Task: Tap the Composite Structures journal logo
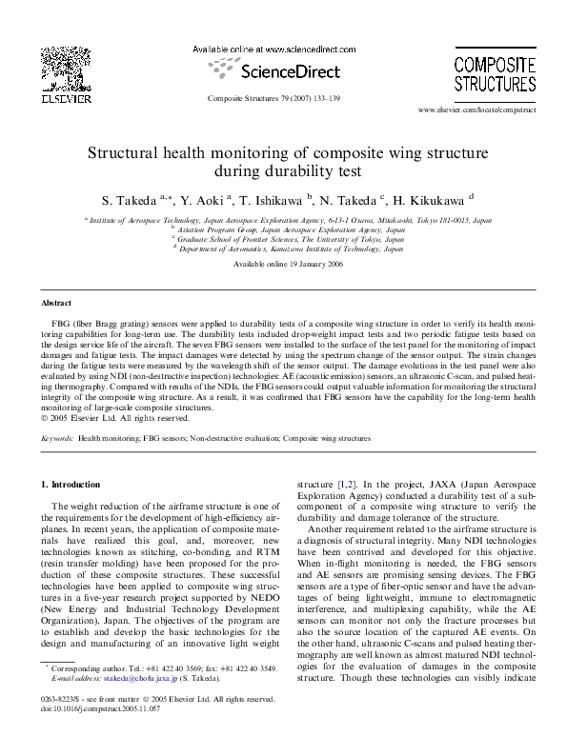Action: tap(487, 69)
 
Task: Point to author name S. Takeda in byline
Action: tap(124, 200)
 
